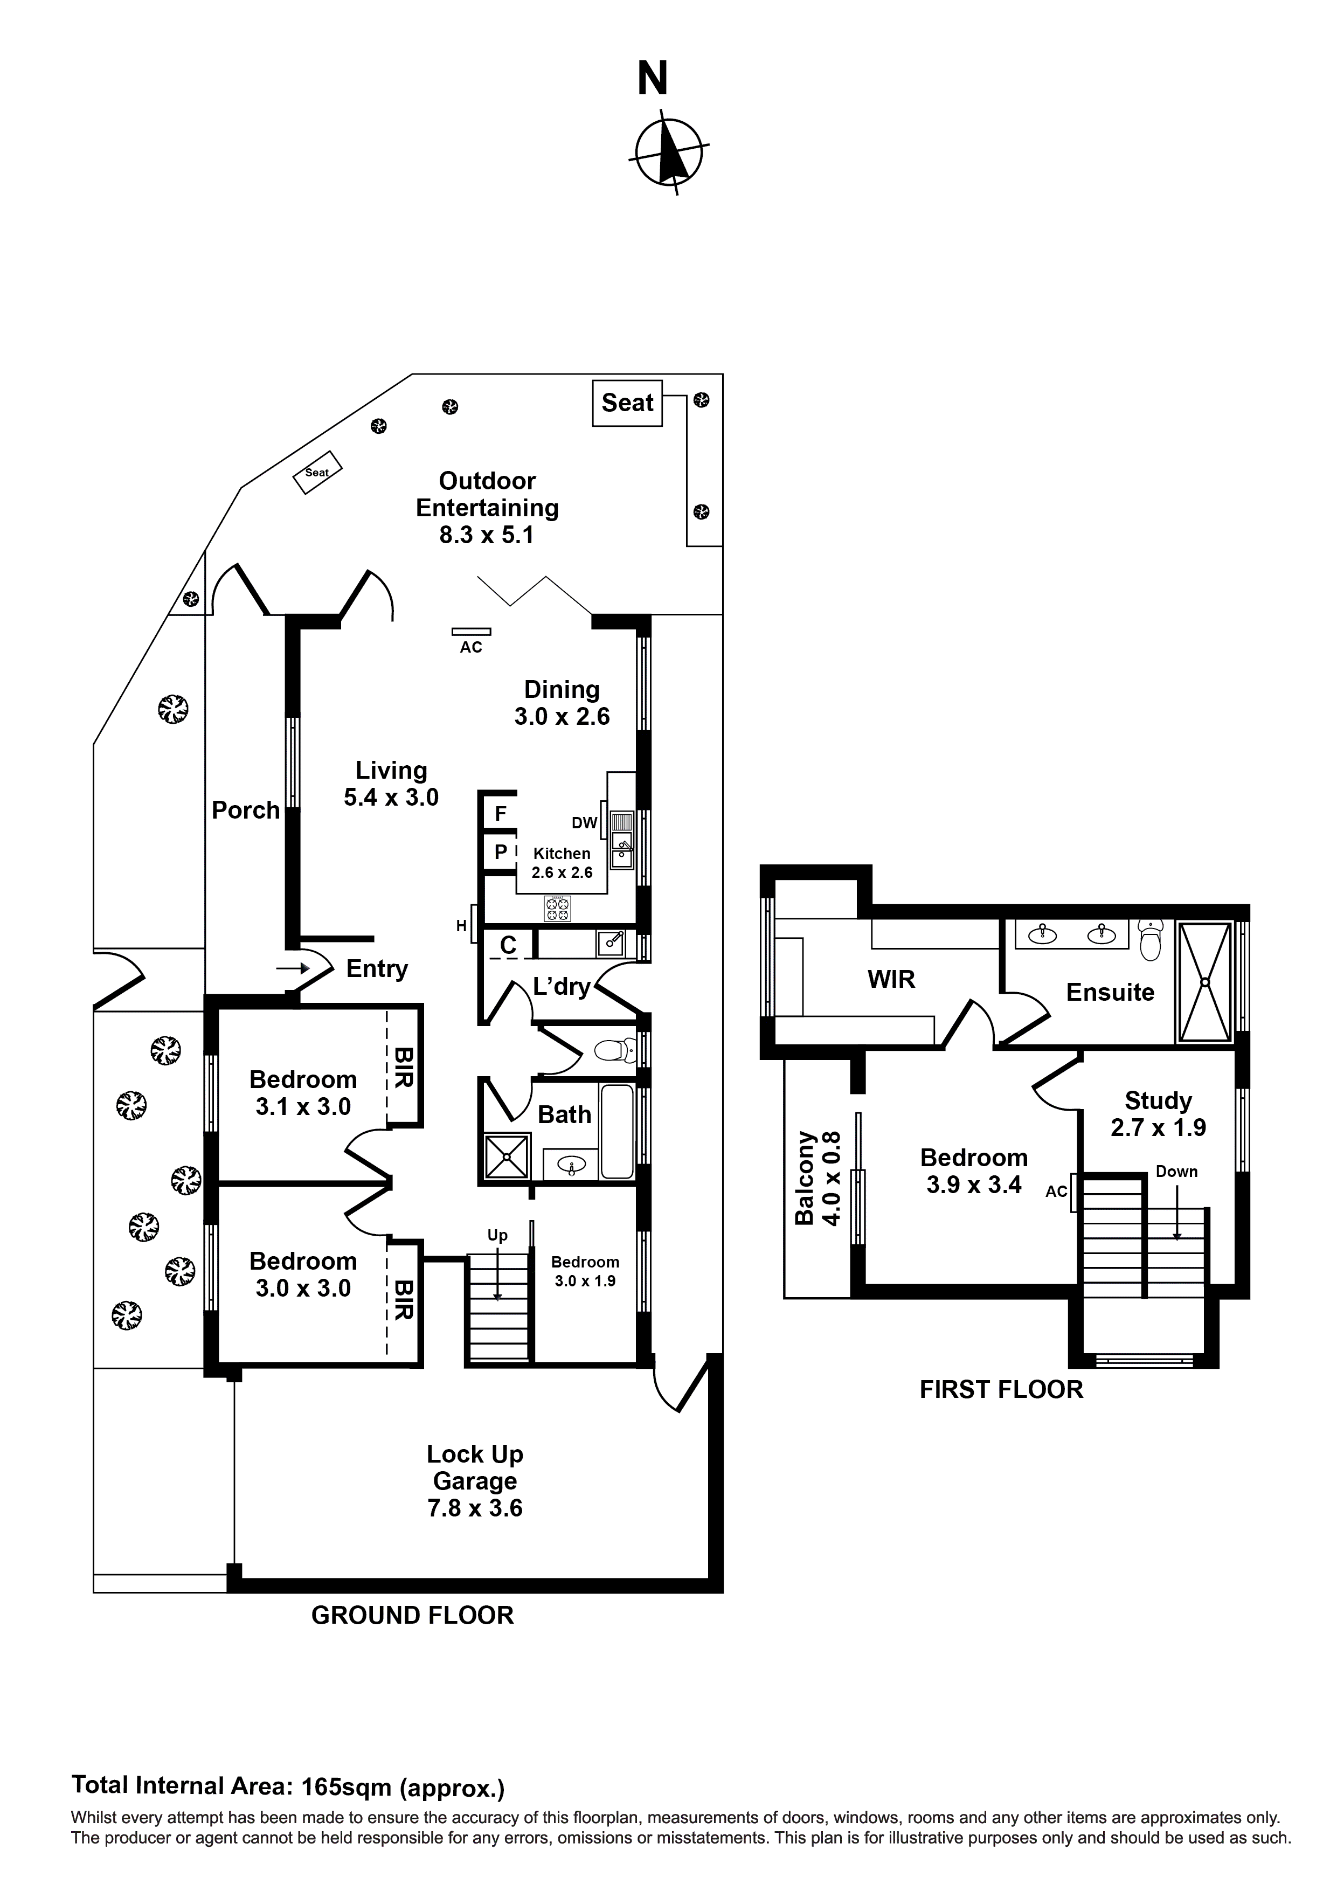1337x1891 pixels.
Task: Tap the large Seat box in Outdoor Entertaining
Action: coord(627,403)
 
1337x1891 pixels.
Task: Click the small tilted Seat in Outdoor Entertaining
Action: coord(318,472)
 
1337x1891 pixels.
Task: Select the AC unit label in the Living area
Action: coord(471,647)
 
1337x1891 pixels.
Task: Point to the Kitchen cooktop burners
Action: coord(557,909)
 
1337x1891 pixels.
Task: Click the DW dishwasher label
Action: coord(584,823)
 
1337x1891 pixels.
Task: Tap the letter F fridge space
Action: coord(500,814)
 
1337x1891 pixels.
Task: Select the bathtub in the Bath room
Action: coord(617,1132)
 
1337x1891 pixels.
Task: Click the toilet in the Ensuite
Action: coord(1150,940)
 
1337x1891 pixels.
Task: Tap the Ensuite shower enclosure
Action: coord(1204,982)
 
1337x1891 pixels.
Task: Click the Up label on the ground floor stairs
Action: coord(497,1235)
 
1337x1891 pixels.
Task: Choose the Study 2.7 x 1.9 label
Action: coord(1158,1113)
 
